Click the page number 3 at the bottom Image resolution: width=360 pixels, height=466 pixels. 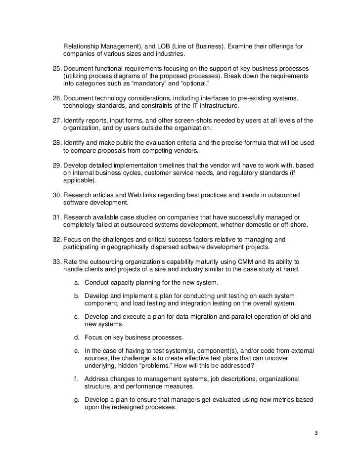(316, 433)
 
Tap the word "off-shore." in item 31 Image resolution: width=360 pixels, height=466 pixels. (290, 226)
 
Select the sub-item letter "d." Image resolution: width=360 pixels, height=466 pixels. (77, 338)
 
